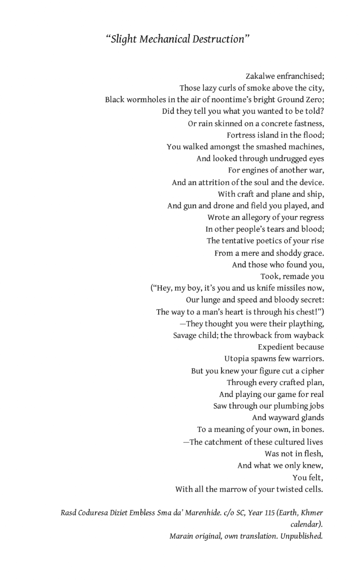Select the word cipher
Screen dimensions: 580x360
click(312, 371)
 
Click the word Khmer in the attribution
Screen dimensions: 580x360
click(312, 513)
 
